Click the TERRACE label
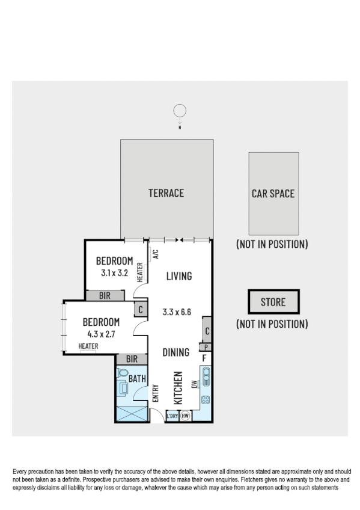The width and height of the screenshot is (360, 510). click(166, 193)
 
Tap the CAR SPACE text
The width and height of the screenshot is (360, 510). click(273, 194)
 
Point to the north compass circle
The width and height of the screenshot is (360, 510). click(179, 111)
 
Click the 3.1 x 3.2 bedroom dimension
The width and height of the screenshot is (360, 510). click(114, 272)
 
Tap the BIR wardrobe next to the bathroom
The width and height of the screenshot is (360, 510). click(132, 359)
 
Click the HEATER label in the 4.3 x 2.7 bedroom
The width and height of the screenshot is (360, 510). click(88, 346)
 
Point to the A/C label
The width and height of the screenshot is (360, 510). click(155, 254)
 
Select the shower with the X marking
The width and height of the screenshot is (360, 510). click(130, 414)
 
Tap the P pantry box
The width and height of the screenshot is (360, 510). click(206, 347)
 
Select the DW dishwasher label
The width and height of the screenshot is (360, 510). click(194, 385)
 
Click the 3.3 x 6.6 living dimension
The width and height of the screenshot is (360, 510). click(177, 312)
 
